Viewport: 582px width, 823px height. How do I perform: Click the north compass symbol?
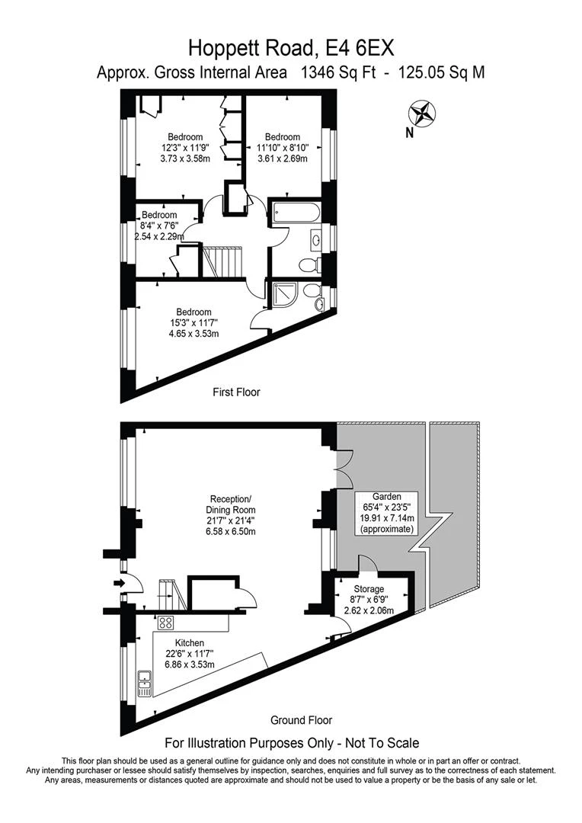[422, 114]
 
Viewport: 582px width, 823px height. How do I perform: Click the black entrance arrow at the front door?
[117, 584]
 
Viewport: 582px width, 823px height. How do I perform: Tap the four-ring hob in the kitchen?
[164, 622]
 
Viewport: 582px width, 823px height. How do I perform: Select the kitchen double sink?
[144, 682]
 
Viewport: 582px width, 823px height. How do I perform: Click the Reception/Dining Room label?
[232, 504]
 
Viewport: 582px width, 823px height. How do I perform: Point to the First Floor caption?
[236, 392]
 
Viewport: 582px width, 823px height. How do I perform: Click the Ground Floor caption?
[302, 719]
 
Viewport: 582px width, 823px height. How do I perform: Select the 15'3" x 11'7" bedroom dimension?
[194, 322]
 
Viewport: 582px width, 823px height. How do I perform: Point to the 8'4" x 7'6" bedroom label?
[158, 226]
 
